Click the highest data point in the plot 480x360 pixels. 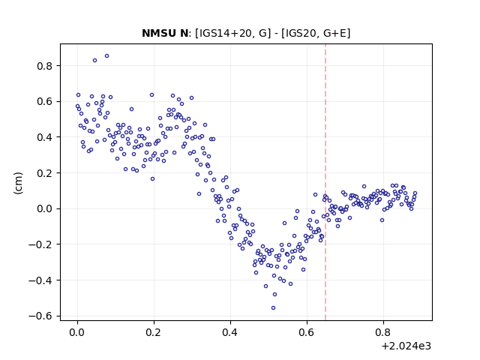pyautogui.click(x=106, y=56)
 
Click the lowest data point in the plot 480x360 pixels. pyautogui.click(x=273, y=308)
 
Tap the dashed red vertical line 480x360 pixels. pyautogui.click(x=325, y=182)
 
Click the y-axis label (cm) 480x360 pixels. pyautogui.click(x=18, y=183)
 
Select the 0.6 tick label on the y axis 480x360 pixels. pyautogui.click(x=44, y=102)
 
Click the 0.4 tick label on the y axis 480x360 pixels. pyautogui.click(x=44, y=137)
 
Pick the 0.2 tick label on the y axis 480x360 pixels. pyautogui.click(x=44, y=173)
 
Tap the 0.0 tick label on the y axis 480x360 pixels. pyautogui.click(x=44, y=209)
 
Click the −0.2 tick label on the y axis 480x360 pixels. pyautogui.click(x=40, y=245)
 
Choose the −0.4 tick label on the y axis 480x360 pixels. pyautogui.click(x=40, y=280)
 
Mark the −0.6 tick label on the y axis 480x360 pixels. pyautogui.click(x=40, y=316)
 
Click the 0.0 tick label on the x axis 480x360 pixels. pyautogui.click(x=77, y=333)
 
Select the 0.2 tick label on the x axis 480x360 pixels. pyautogui.click(x=154, y=333)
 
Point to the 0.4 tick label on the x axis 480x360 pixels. pyautogui.click(x=230, y=333)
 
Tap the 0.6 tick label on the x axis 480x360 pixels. pyautogui.click(x=307, y=333)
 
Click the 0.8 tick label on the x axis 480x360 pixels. pyautogui.click(x=383, y=333)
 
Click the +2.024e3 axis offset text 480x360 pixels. pyautogui.click(x=406, y=346)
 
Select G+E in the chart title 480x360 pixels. pyautogui.click(x=335, y=33)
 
